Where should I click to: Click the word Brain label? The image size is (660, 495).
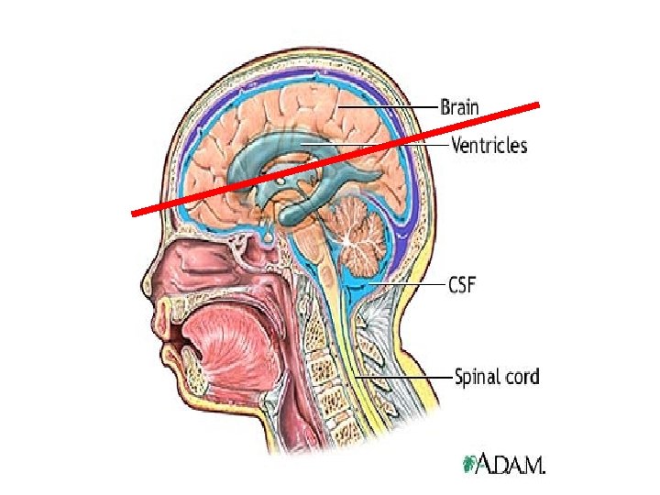459,106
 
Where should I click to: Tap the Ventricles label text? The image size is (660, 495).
489,145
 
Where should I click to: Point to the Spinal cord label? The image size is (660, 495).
498,376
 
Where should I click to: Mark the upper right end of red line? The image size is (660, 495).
543,103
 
